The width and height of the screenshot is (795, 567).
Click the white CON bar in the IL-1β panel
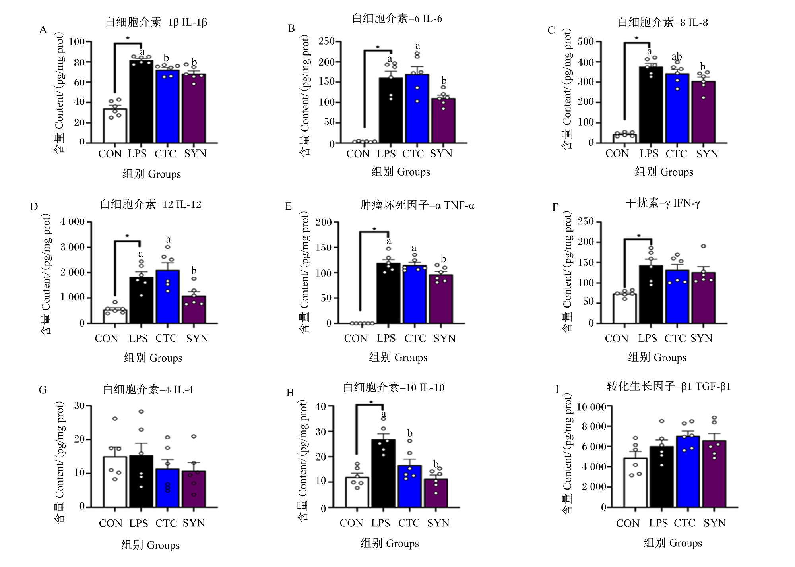point(115,126)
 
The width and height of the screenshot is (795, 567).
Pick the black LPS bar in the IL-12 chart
point(141,300)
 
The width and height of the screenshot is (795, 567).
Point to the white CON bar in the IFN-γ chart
point(624,308)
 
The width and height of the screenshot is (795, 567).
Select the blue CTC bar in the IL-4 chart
point(167,488)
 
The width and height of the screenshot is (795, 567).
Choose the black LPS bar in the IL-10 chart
point(383,474)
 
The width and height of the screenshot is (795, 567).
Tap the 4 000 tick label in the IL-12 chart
point(72,222)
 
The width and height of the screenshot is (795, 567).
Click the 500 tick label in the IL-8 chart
point(586,42)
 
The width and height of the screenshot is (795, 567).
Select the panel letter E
point(289,206)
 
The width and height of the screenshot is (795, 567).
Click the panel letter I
point(557,389)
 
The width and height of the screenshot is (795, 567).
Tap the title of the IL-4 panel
point(148,389)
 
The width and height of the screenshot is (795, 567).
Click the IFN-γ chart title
point(663,203)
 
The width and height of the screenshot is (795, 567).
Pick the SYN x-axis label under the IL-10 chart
point(438,523)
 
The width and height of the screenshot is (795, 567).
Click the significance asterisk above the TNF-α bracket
point(374,229)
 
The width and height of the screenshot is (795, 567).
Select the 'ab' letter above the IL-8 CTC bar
point(677,56)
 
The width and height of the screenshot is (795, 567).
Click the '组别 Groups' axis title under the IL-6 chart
point(401,172)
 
